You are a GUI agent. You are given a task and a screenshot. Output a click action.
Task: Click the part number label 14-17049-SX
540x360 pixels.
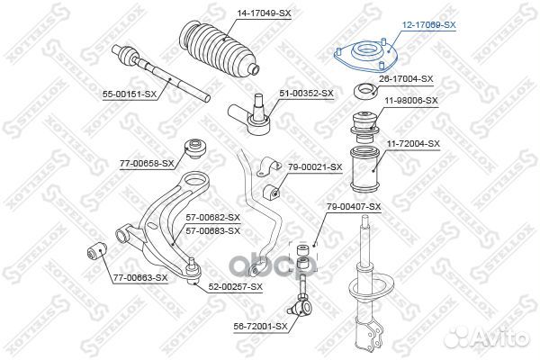click(264, 13)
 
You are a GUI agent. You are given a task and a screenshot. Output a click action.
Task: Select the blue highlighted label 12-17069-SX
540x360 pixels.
click(428, 25)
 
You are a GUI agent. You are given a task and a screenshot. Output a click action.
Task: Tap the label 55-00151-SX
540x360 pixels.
click(130, 94)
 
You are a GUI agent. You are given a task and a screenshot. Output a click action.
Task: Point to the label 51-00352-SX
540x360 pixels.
click(306, 94)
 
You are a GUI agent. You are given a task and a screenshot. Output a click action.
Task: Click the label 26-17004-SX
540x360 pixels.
click(406, 79)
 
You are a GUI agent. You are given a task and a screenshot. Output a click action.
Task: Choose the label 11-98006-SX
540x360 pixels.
click(411, 101)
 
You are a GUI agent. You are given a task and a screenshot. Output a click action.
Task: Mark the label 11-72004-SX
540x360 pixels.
click(413, 144)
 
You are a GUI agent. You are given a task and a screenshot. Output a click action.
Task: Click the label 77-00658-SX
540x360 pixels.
click(147, 163)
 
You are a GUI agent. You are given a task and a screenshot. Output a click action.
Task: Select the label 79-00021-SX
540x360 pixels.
click(315, 167)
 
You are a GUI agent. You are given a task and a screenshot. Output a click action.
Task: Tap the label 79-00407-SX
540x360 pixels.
click(354, 207)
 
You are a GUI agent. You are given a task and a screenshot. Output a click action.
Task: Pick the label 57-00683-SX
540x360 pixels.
click(212, 230)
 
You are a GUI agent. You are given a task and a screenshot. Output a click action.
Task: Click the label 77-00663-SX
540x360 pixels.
click(140, 278)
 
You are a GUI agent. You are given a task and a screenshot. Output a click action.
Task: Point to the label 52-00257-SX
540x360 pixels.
click(235, 286)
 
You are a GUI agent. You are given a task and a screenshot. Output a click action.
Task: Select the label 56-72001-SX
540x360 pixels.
click(260, 326)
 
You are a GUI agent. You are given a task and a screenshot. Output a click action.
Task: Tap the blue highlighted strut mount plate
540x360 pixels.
click(366, 57)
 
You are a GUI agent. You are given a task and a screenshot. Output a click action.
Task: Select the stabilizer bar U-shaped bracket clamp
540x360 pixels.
click(268, 166)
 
